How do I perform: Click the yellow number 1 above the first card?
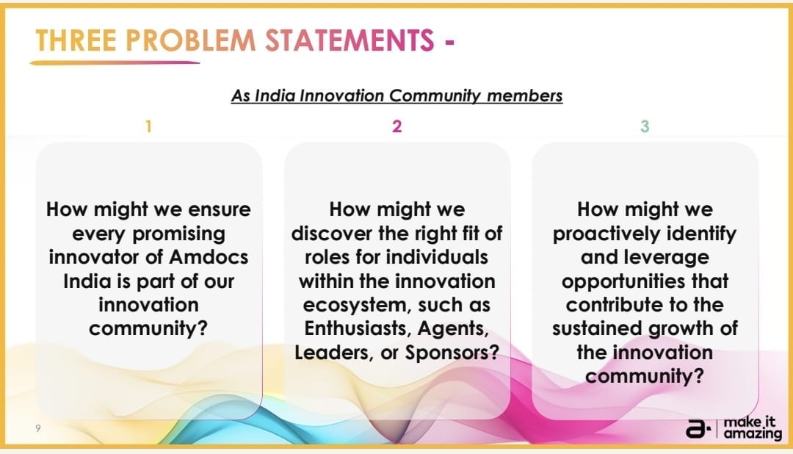tap(148, 126)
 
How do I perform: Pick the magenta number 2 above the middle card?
tap(397, 126)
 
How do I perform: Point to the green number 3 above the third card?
tap(645, 126)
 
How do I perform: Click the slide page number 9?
tap(38, 428)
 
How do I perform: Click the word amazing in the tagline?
tap(753, 434)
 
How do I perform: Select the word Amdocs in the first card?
tap(209, 257)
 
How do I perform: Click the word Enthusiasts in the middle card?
tap(358, 328)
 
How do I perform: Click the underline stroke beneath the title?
tap(115, 62)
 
